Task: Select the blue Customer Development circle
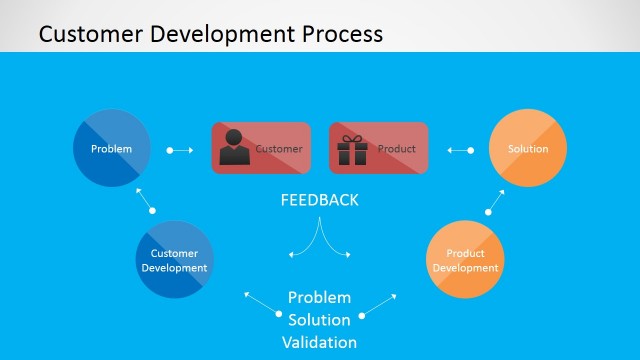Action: coord(174,260)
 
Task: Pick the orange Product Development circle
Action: coord(465,260)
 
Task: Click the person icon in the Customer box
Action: coord(235,148)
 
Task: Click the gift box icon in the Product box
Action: coord(351,149)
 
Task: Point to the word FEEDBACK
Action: coord(318,200)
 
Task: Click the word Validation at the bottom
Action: coord(319,341)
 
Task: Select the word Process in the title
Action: coord(337,34)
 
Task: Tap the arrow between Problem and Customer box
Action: coord(181,150)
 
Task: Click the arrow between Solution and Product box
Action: coord(459,150)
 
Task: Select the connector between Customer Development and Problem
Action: coord(146,200)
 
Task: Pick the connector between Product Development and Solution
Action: coord(494,200)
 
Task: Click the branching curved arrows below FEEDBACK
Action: coord(319,240)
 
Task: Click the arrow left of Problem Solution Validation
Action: coord(262,304)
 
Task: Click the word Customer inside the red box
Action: coord(279,150)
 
